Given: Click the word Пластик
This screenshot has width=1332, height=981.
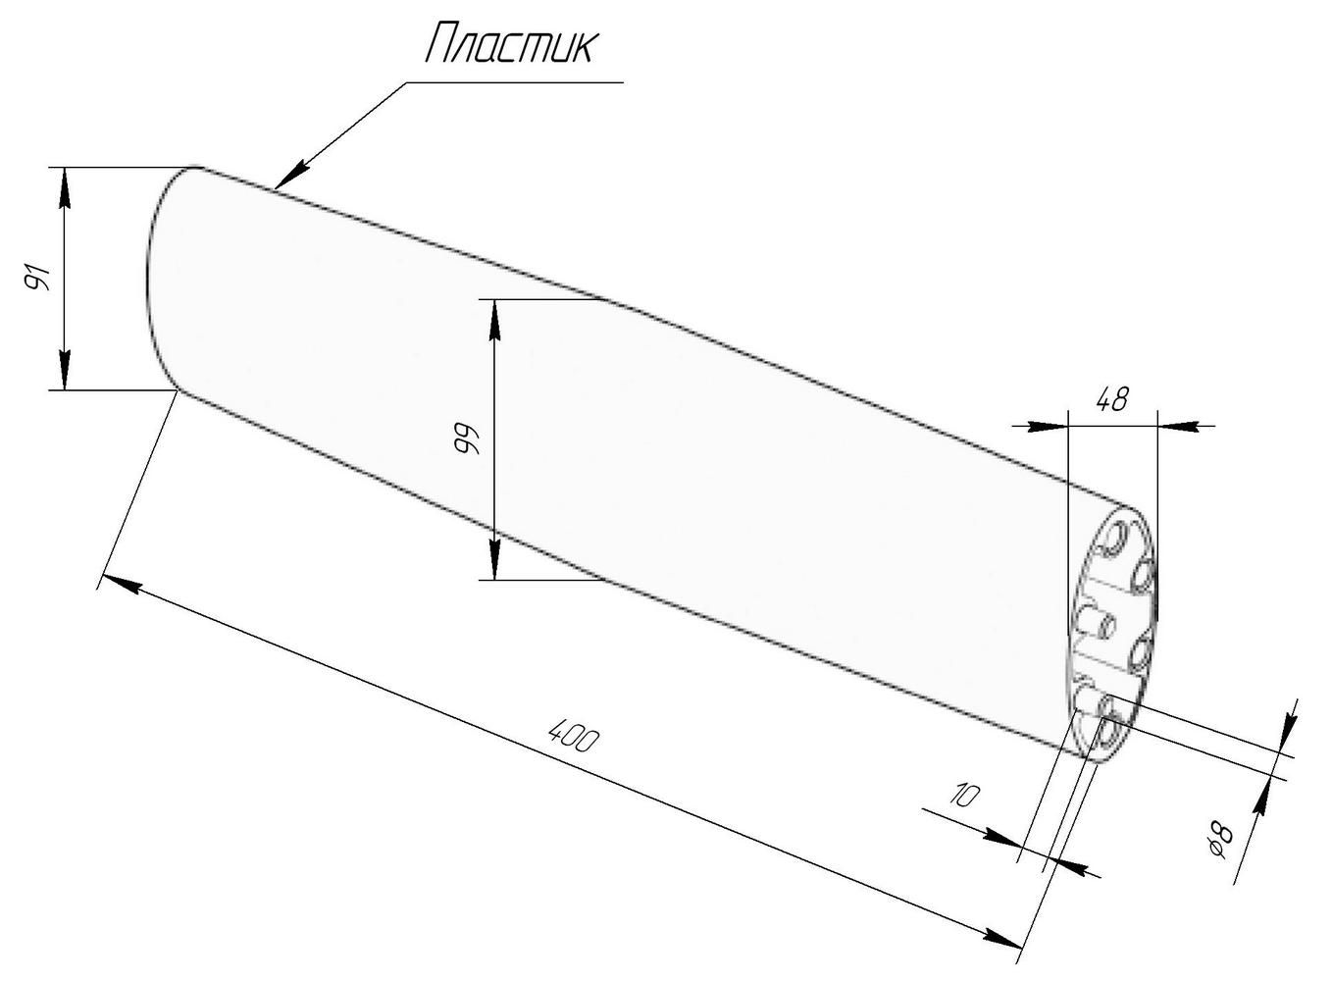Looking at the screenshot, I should point(509,44).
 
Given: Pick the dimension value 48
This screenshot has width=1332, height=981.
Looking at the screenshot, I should point(1112,399).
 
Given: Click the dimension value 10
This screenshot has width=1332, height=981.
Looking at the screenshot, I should point(964,795).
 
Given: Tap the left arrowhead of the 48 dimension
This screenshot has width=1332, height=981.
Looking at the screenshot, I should point(1048,426).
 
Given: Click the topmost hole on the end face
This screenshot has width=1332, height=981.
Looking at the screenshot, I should point(1116,539).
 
